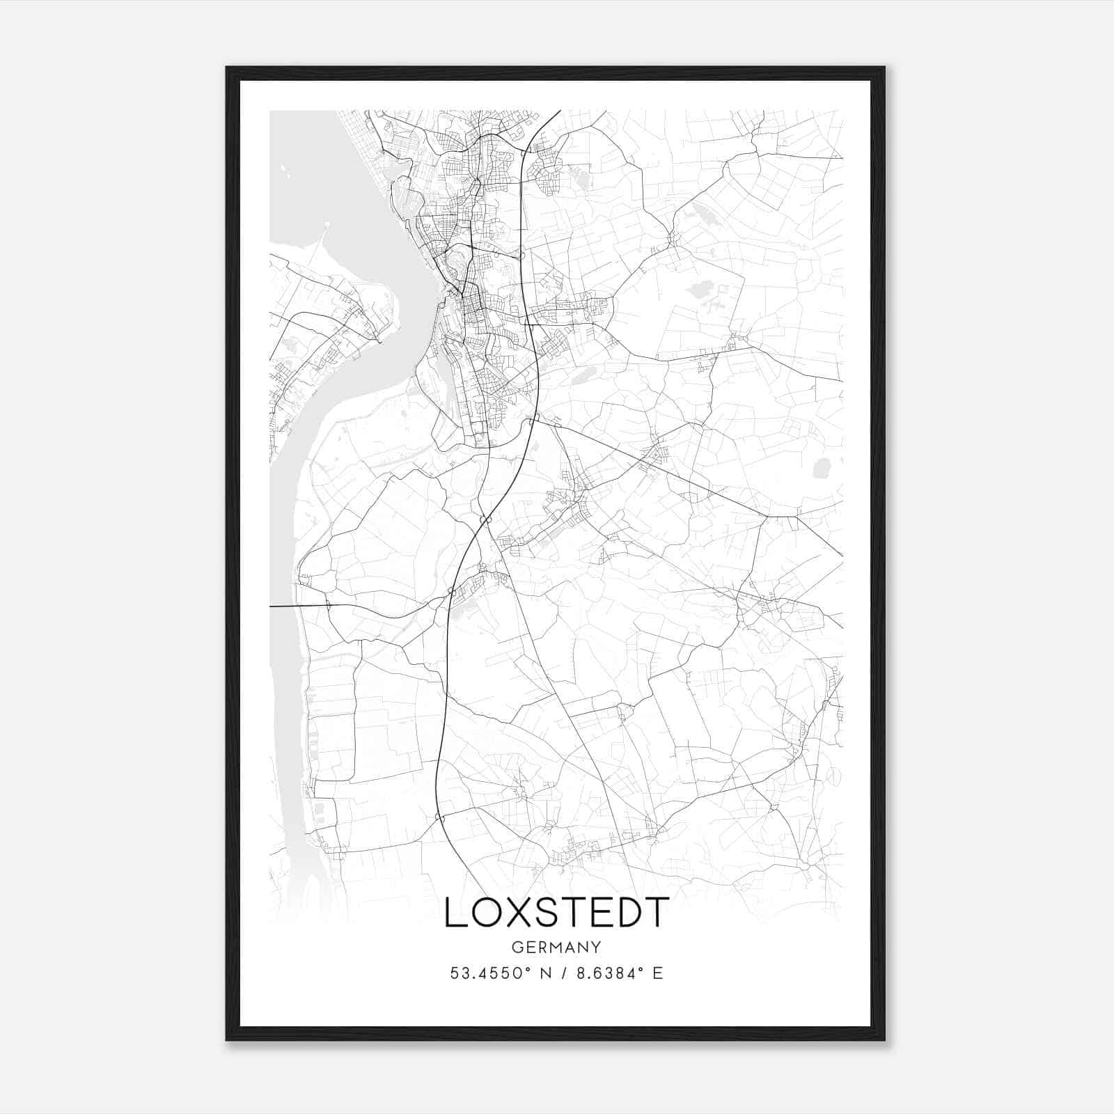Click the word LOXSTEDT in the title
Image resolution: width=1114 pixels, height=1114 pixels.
point(556,913)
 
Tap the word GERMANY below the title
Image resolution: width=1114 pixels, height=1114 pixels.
point(556,948)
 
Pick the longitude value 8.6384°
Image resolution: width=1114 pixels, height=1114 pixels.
point(605,973)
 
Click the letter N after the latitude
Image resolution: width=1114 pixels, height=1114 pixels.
point(546,973)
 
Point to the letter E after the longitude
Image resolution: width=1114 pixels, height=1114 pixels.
point(657,973)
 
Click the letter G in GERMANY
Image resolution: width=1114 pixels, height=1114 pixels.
point(517,948)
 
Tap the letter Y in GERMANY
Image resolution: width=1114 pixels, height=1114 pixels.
point(597,948)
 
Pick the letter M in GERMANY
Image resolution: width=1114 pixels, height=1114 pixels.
point(556,948)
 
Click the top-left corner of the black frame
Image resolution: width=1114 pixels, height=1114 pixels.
point(227,68)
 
